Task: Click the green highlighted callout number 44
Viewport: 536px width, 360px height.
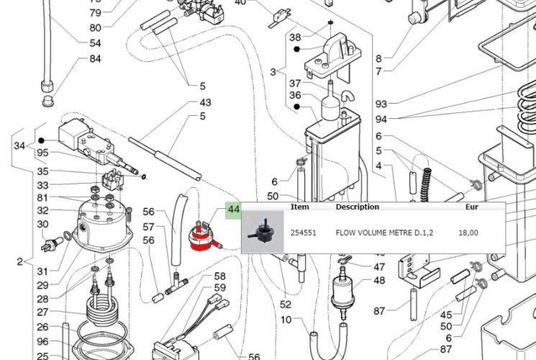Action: click(234, 210)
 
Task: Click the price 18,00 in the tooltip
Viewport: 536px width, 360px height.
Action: click(468, 233)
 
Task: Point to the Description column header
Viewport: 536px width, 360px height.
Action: click(357, 207)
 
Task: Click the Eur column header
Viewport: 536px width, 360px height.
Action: click(472, 207)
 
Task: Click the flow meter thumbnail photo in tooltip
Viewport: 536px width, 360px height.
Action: click(262, 231)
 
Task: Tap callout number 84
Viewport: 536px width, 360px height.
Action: click(95, 58)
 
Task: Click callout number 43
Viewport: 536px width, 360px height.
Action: click(205, 103)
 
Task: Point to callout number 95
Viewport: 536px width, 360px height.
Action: click(42, 153)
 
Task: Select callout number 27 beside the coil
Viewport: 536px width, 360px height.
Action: click(42, 312)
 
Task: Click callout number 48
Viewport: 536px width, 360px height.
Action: click(379, 281)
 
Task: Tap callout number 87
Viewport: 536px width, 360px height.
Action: click(379, 311)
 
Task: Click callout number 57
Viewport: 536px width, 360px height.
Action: click(149, 226)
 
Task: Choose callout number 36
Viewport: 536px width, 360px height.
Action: click(295, 95)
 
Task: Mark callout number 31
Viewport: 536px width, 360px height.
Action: click(42, 271)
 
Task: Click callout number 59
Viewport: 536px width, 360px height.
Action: click(219, 288)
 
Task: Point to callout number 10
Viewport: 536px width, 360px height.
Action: click(286, 320)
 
